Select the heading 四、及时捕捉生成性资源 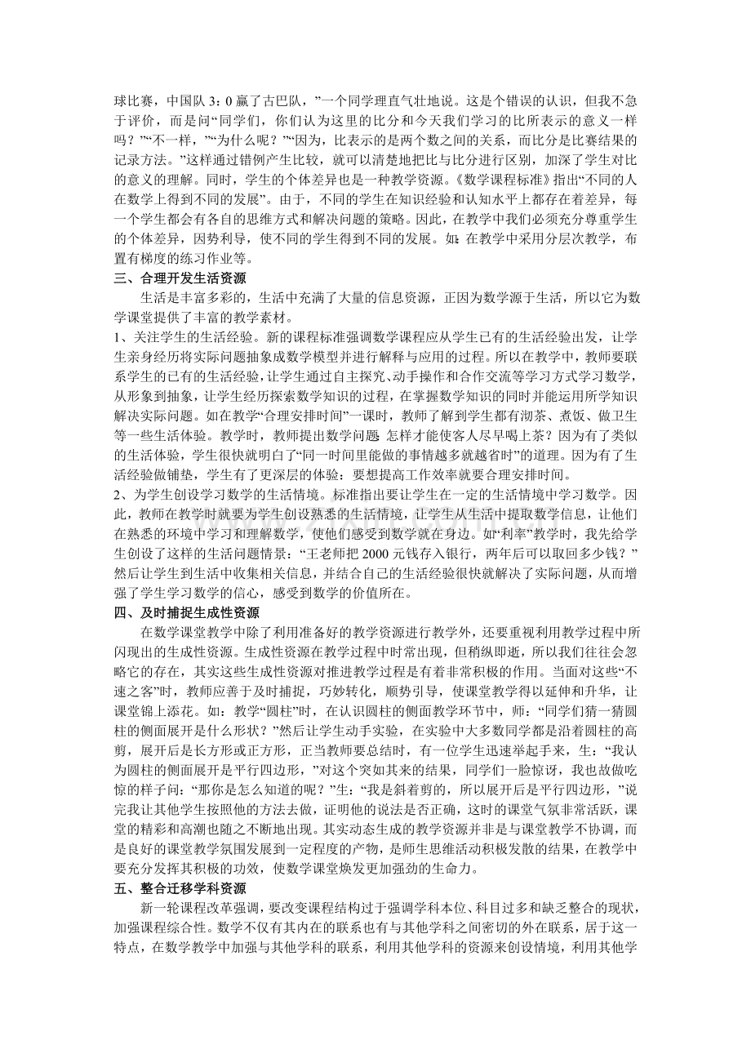[186, 612]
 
